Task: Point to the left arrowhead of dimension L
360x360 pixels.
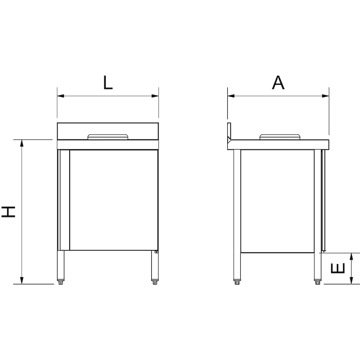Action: click(x=60, y=96)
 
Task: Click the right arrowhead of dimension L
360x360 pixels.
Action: click(x=156, y=96)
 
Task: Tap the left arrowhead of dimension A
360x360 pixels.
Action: click(x=231, y=96)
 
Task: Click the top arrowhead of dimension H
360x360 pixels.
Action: click(x=21, y=143)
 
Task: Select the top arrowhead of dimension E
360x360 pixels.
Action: click(x=353, y=256)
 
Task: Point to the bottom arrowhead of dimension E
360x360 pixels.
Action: click(x=353, y=281)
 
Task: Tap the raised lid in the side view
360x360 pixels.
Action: click(x=280, y=136)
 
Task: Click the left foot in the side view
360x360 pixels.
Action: click(x=237, y=283)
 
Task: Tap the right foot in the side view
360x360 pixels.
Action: click(x=317, y=283)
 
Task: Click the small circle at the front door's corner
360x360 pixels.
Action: click(x=156, y=252)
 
